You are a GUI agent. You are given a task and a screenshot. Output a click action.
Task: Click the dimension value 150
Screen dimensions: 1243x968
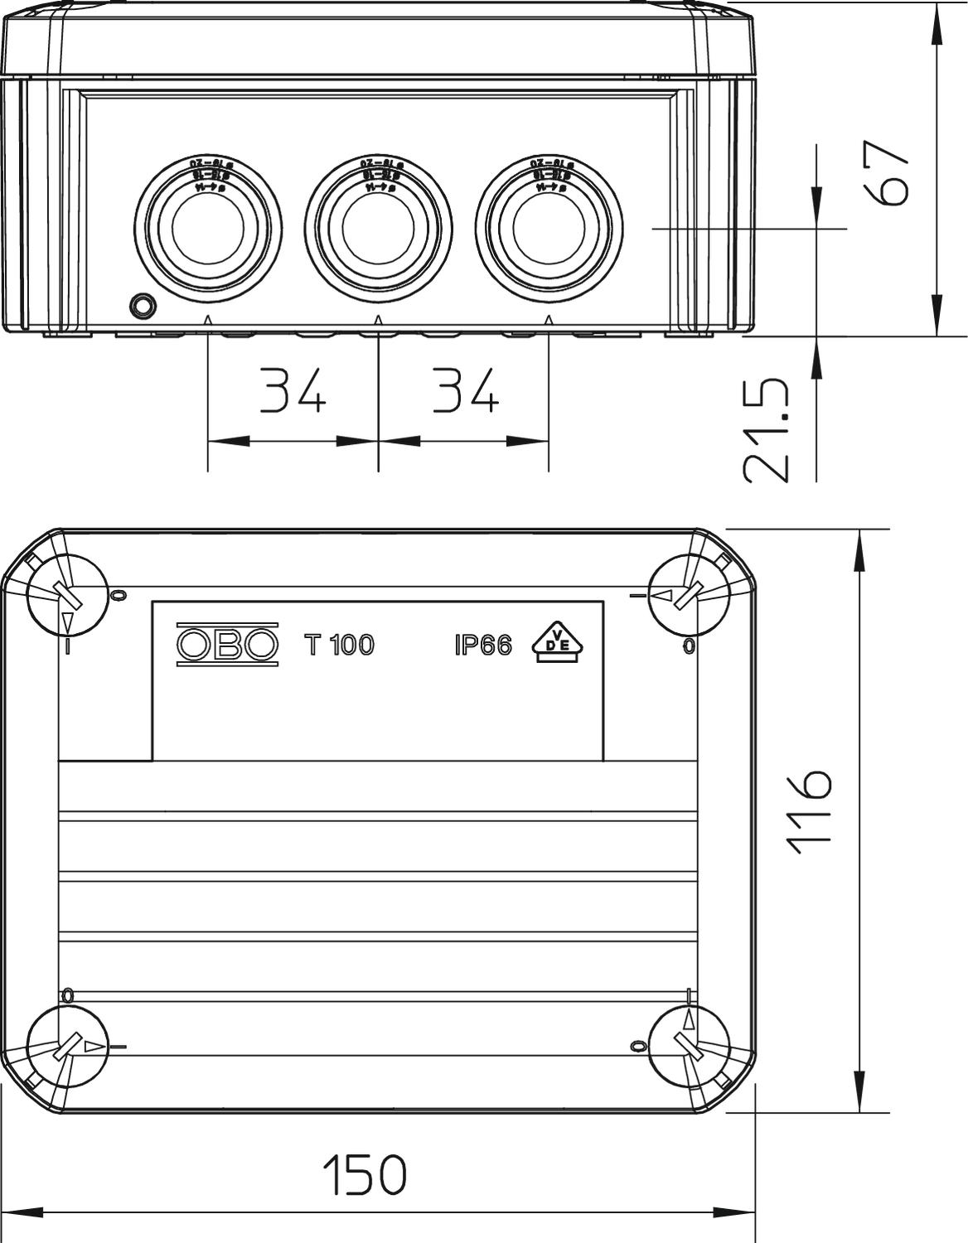point(365,1174)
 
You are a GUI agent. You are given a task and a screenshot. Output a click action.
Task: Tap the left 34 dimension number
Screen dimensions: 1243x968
point(293,390)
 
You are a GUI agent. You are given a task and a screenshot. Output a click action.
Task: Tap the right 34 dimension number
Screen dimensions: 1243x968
point(464,390)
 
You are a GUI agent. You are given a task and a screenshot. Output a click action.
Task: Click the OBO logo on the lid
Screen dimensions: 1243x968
point(227,644)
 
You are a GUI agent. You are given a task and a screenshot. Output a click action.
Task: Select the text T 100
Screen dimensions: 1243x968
point(339,645)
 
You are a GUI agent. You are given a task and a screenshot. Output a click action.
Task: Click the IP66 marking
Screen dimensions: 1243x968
point(483,645)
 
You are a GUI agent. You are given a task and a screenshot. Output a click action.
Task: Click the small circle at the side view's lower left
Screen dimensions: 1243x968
point(143,305)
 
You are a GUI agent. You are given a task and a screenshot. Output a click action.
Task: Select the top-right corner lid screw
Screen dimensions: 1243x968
point(689,595)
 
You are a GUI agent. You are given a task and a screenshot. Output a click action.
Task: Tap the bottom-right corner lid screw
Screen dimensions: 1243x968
point(689,1045)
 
